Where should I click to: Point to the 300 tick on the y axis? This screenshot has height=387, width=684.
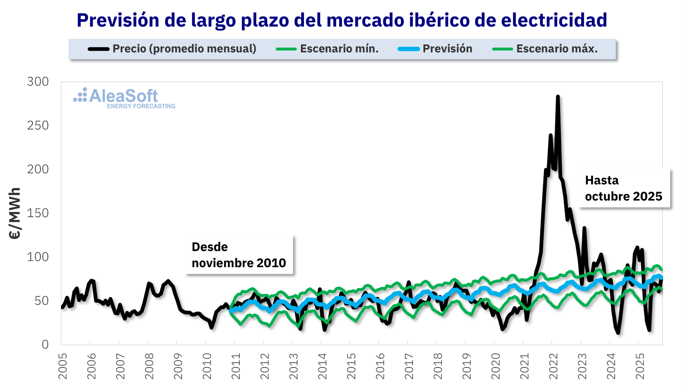pos(38,82)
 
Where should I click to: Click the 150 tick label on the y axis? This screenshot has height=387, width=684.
pos(38,213)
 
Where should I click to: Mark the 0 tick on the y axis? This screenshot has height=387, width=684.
pos(45,345)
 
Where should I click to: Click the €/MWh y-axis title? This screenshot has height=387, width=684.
pos(15,213)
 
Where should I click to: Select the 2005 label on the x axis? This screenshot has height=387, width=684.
pos(63,366)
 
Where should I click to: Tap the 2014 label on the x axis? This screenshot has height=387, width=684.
pos(322,366)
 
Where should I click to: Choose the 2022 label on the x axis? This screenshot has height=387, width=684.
pos(553,366)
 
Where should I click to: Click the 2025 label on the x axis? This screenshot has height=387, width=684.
pos(640,366)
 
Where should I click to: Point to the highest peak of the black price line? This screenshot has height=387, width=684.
pos(558,97)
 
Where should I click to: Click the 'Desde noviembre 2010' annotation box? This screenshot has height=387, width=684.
pos(239,255)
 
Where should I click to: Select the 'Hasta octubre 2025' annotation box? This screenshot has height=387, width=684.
pos(623,188)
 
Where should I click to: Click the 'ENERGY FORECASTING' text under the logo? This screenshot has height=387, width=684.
pos(141,106)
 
